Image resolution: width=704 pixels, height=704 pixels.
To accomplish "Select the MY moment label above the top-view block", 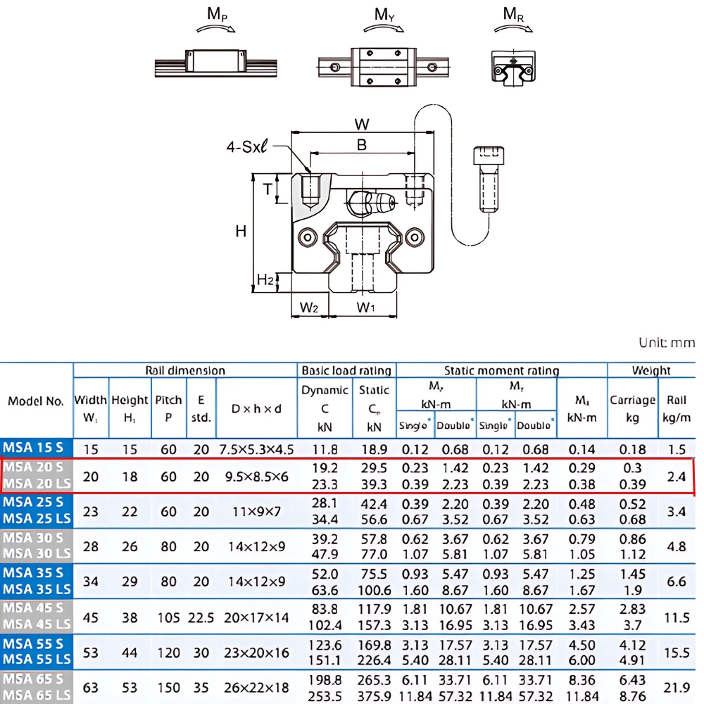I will click(384, 14).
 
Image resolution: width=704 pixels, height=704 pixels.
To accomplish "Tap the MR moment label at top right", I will click(513, 14).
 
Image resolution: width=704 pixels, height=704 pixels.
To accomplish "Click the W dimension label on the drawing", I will click(362, 125).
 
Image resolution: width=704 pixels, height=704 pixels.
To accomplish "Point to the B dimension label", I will click(362, 145).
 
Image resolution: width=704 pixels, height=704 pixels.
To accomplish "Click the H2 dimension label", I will click(265, 280).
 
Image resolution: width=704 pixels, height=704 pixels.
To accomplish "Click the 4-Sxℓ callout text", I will click(248, 147).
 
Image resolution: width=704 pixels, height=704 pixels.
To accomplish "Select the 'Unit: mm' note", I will click(666, 343).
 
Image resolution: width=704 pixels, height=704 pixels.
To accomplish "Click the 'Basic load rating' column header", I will click(346, 370).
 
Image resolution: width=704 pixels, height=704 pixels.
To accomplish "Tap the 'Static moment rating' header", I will click(501, 370).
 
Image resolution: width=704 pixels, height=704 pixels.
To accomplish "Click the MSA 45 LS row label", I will click(37, 624).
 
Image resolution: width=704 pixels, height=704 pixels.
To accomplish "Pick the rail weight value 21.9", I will click(676, 688).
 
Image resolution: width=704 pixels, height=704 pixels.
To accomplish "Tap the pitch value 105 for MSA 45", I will click(168, 617).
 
